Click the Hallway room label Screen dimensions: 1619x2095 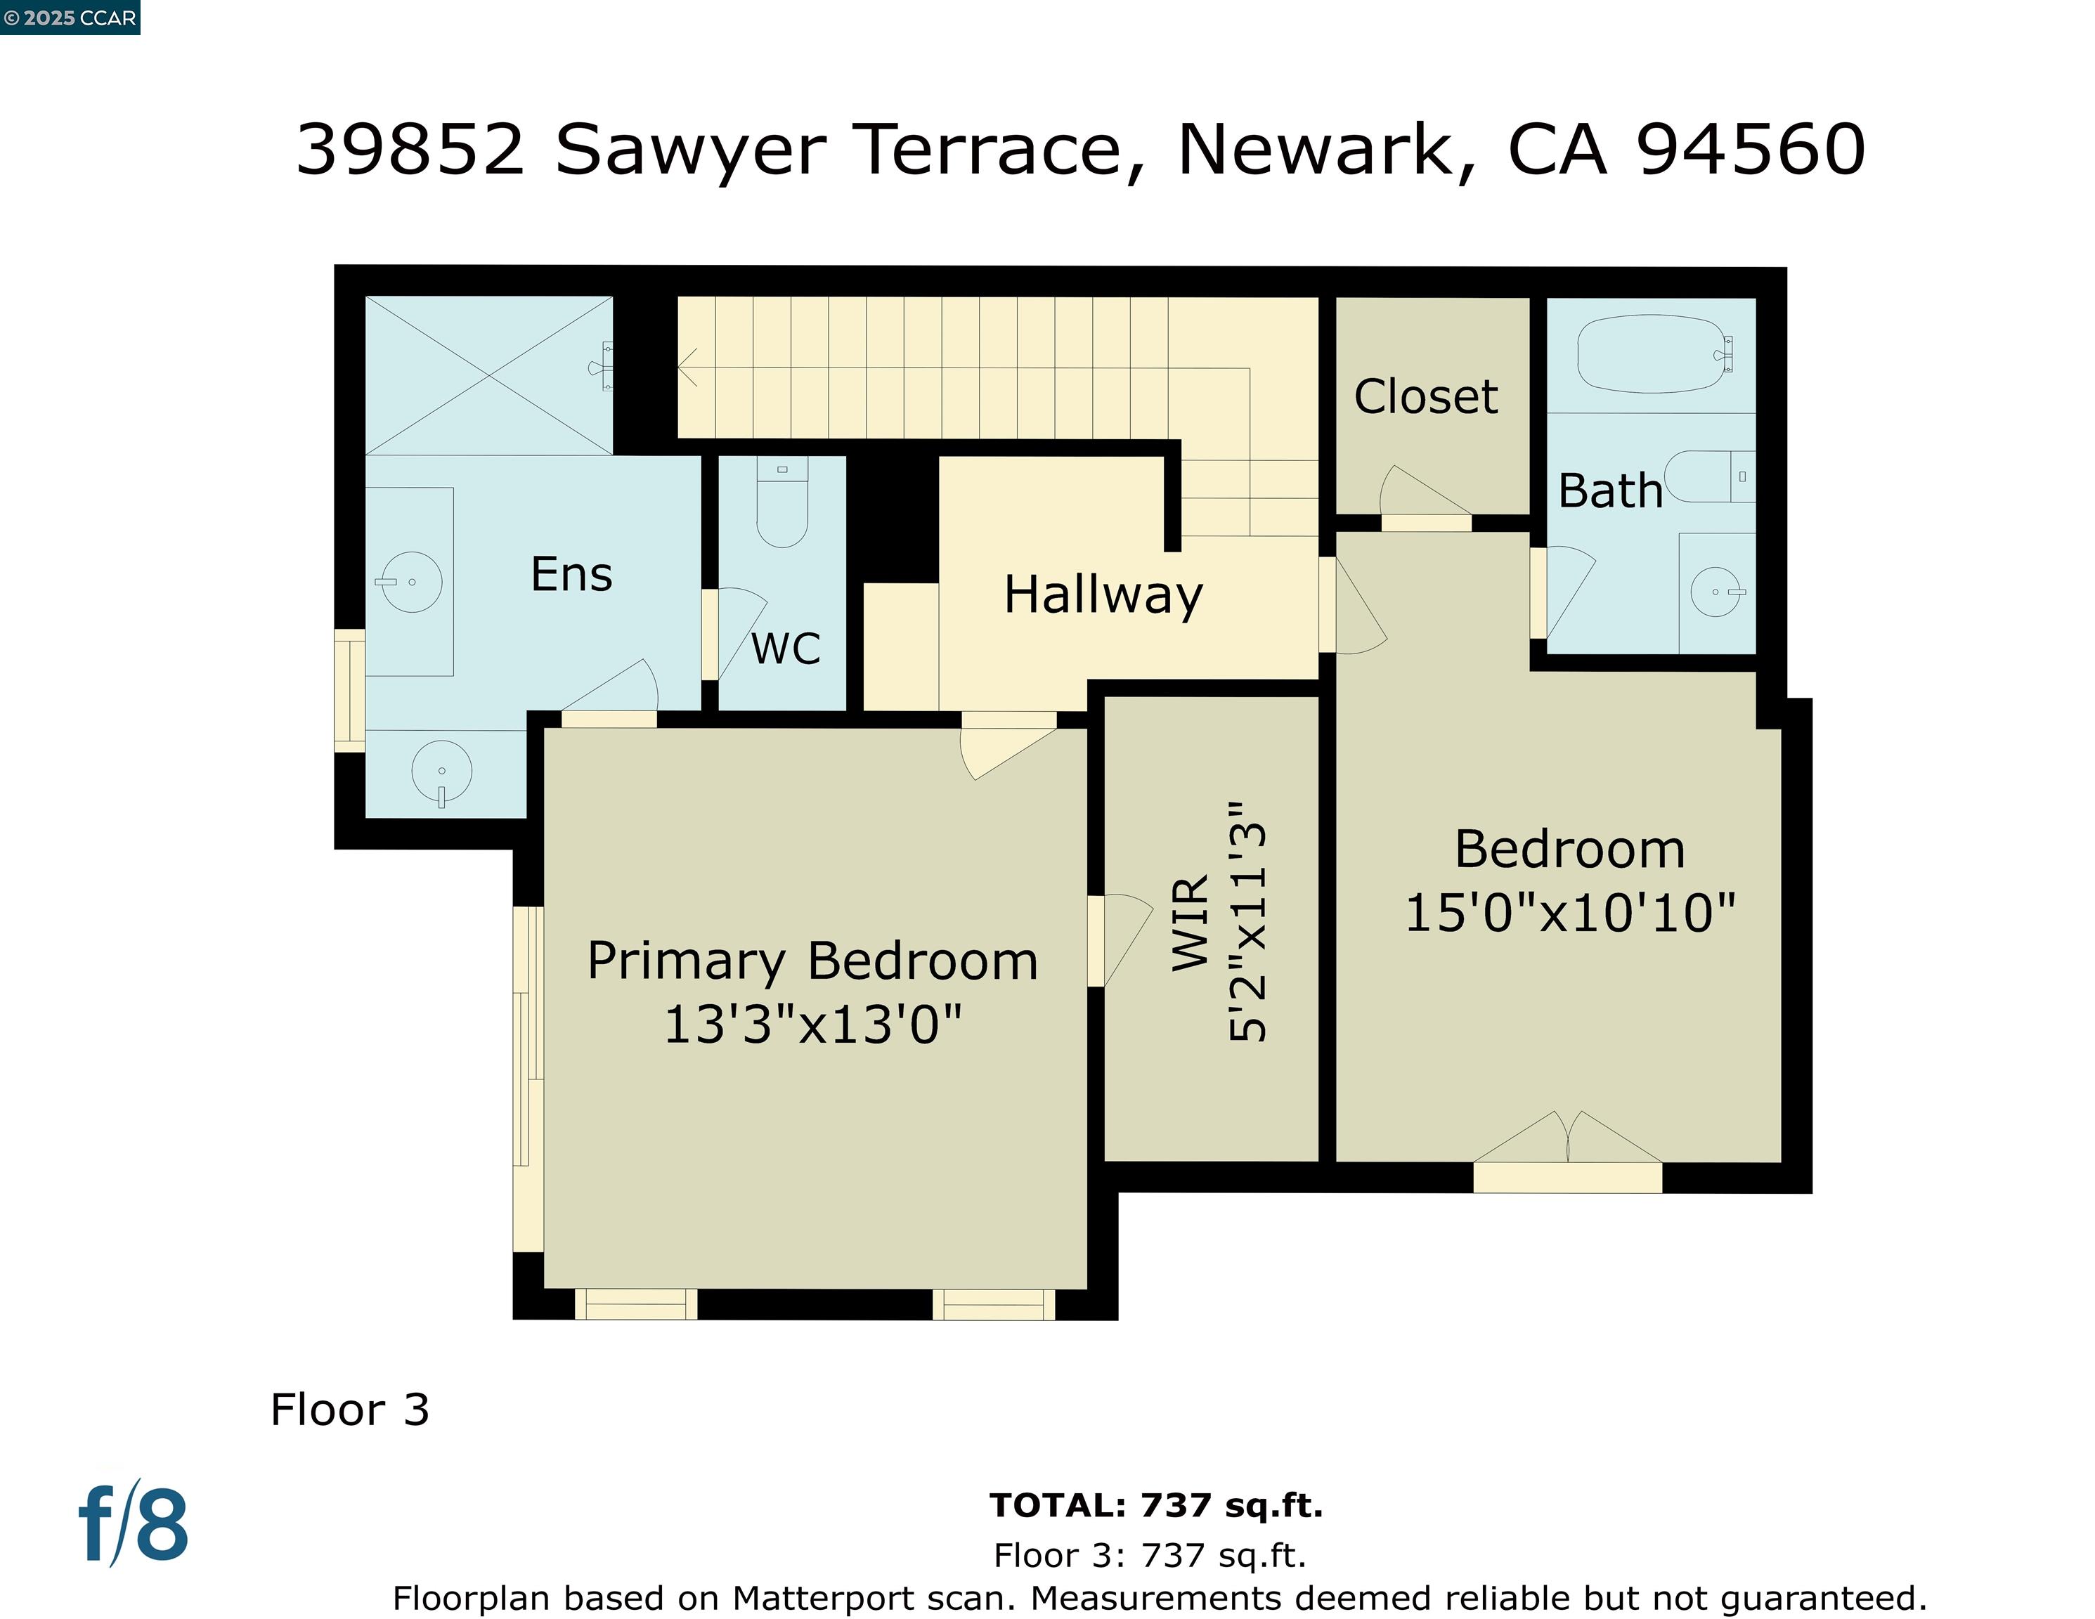click(x=1103, y=596)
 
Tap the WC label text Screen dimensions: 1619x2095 click(x=786, y=649)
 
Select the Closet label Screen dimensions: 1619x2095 click(x=1425, y=397)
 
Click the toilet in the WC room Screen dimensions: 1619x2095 click(x=781, y=504)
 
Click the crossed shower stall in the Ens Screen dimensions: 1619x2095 click(x=489, y=375)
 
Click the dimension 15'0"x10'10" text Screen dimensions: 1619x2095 click(x=1570, y=912)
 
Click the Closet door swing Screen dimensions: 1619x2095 click(x=1420, y=494)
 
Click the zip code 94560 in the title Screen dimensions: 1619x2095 click(x=1751, y=150)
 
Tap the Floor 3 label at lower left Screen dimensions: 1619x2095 click(x=350, y=1410)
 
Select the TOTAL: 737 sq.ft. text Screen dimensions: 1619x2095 click(x=1156, y=1506)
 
